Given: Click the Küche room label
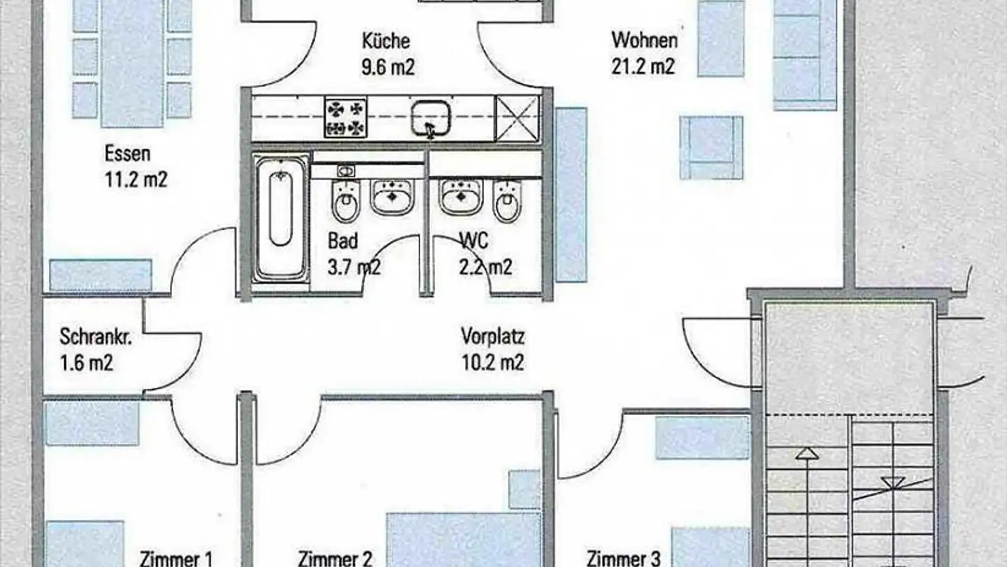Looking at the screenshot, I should [386, 41].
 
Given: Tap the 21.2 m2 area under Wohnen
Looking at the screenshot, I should [643, 67].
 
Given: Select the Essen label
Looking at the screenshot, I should [127, 153].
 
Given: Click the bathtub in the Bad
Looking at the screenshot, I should [280, 218].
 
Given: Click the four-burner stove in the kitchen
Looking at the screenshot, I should [345, 118].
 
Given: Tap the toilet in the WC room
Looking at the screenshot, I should [508, 201].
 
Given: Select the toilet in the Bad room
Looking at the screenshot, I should [345, 201].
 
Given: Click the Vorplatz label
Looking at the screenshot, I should [492, 337].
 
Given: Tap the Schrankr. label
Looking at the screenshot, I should [97, 337].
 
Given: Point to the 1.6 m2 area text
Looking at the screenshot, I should [87, 363].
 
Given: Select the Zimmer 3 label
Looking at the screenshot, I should [623, 559].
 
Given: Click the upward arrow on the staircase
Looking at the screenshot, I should [807, 454].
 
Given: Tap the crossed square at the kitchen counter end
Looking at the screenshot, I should [517, 118].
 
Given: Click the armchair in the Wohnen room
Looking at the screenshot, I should [711, 148].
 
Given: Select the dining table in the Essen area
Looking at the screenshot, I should [131, 63].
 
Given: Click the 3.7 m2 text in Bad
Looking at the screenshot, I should [354, 267].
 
